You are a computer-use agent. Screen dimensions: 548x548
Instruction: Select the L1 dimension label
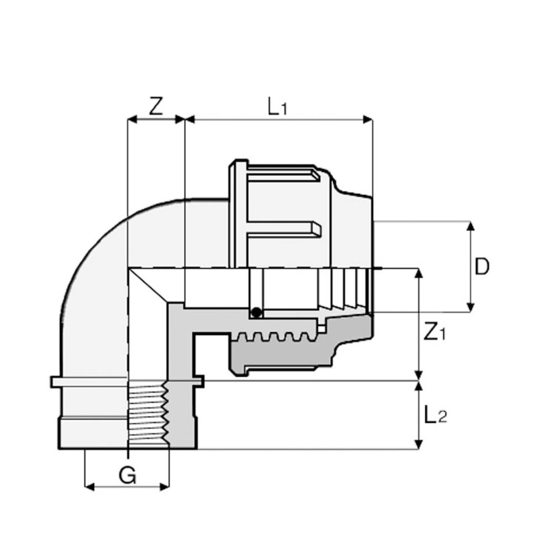(277, 106)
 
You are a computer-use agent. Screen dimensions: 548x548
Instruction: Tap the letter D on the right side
(482, 267)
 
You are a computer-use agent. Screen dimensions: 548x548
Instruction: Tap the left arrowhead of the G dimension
(90, 488)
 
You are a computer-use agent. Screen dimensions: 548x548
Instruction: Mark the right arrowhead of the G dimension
(165, 488)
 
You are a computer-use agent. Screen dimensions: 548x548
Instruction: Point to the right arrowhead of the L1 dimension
(368, 120)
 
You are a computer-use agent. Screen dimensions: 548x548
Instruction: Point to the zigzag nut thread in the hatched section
(274, 337)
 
